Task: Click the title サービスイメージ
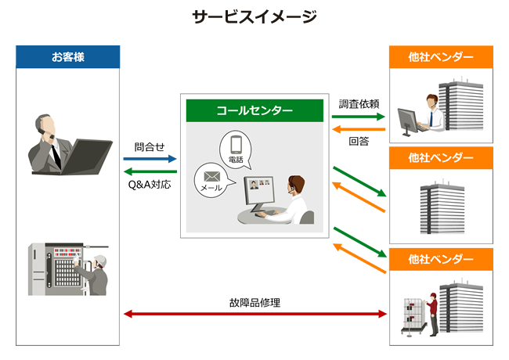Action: pyautogui.click(x=254, y=16)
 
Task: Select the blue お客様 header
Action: pyautogui.click(x=68, y=56)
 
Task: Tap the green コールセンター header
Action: pyautogui.click(x=254, y=110)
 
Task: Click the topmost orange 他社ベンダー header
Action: pyautogui.click(x=441, y=56)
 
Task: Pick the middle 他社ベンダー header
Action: pyautogui.click(x=441, y=158)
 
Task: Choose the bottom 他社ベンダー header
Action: pyautogui.click(x=441, y=259)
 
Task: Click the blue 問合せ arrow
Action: pyautogui.click(x=150, y=159)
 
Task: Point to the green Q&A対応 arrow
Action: pyautogui.click(x=150, y=172)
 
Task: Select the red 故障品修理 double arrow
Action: pyautogui.click(x=255, y=314)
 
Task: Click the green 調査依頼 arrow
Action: pyautogui.click(x=359, y=117)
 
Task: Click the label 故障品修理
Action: pyautogui.click(x=254, y=302)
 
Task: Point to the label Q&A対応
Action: pyautogui.click(x=150, y=185)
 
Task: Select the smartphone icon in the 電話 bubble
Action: pyautogui.click(x=236, y=144)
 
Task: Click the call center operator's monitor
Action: pyautogui.click(x=259, y=192)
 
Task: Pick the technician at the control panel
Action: pyautogui.click(x=97, y=275)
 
